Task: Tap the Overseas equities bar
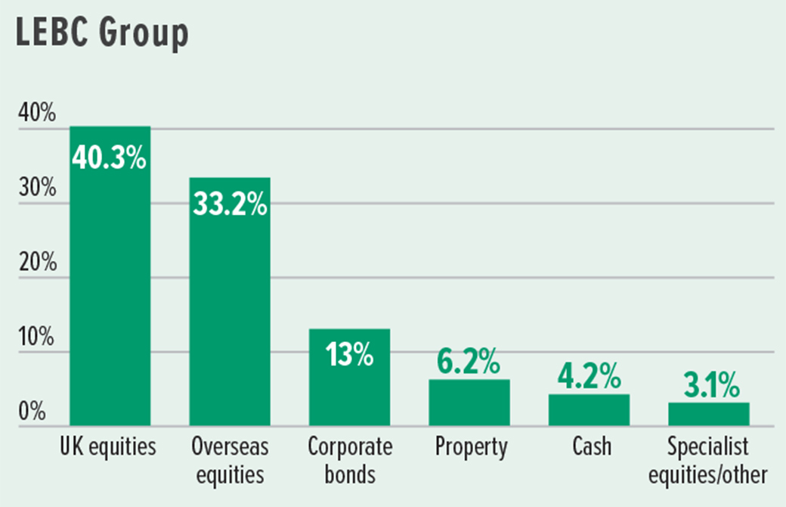pos(229,318)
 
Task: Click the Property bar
pos(469,403)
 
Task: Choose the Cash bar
pos(588,410)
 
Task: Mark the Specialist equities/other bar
pos(708,414)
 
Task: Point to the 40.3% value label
pos(110,160)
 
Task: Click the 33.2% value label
pos(229,204)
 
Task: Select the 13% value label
pos(349,355)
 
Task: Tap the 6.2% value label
pos(469,364)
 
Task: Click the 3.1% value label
pos(708,387)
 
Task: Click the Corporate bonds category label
pos(349,461)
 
